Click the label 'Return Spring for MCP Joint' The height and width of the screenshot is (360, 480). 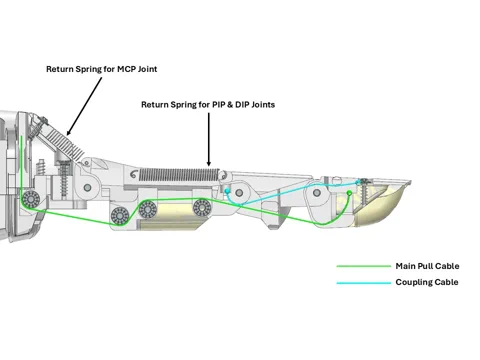point(102,69)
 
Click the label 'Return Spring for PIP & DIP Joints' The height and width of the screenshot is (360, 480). point(208,104)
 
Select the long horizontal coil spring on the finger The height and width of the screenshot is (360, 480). point(181,173)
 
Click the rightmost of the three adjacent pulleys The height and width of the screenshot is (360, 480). point(202,207)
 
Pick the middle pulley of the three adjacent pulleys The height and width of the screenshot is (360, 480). point(149,208)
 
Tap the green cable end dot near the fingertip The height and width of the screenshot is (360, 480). point(349,194)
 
